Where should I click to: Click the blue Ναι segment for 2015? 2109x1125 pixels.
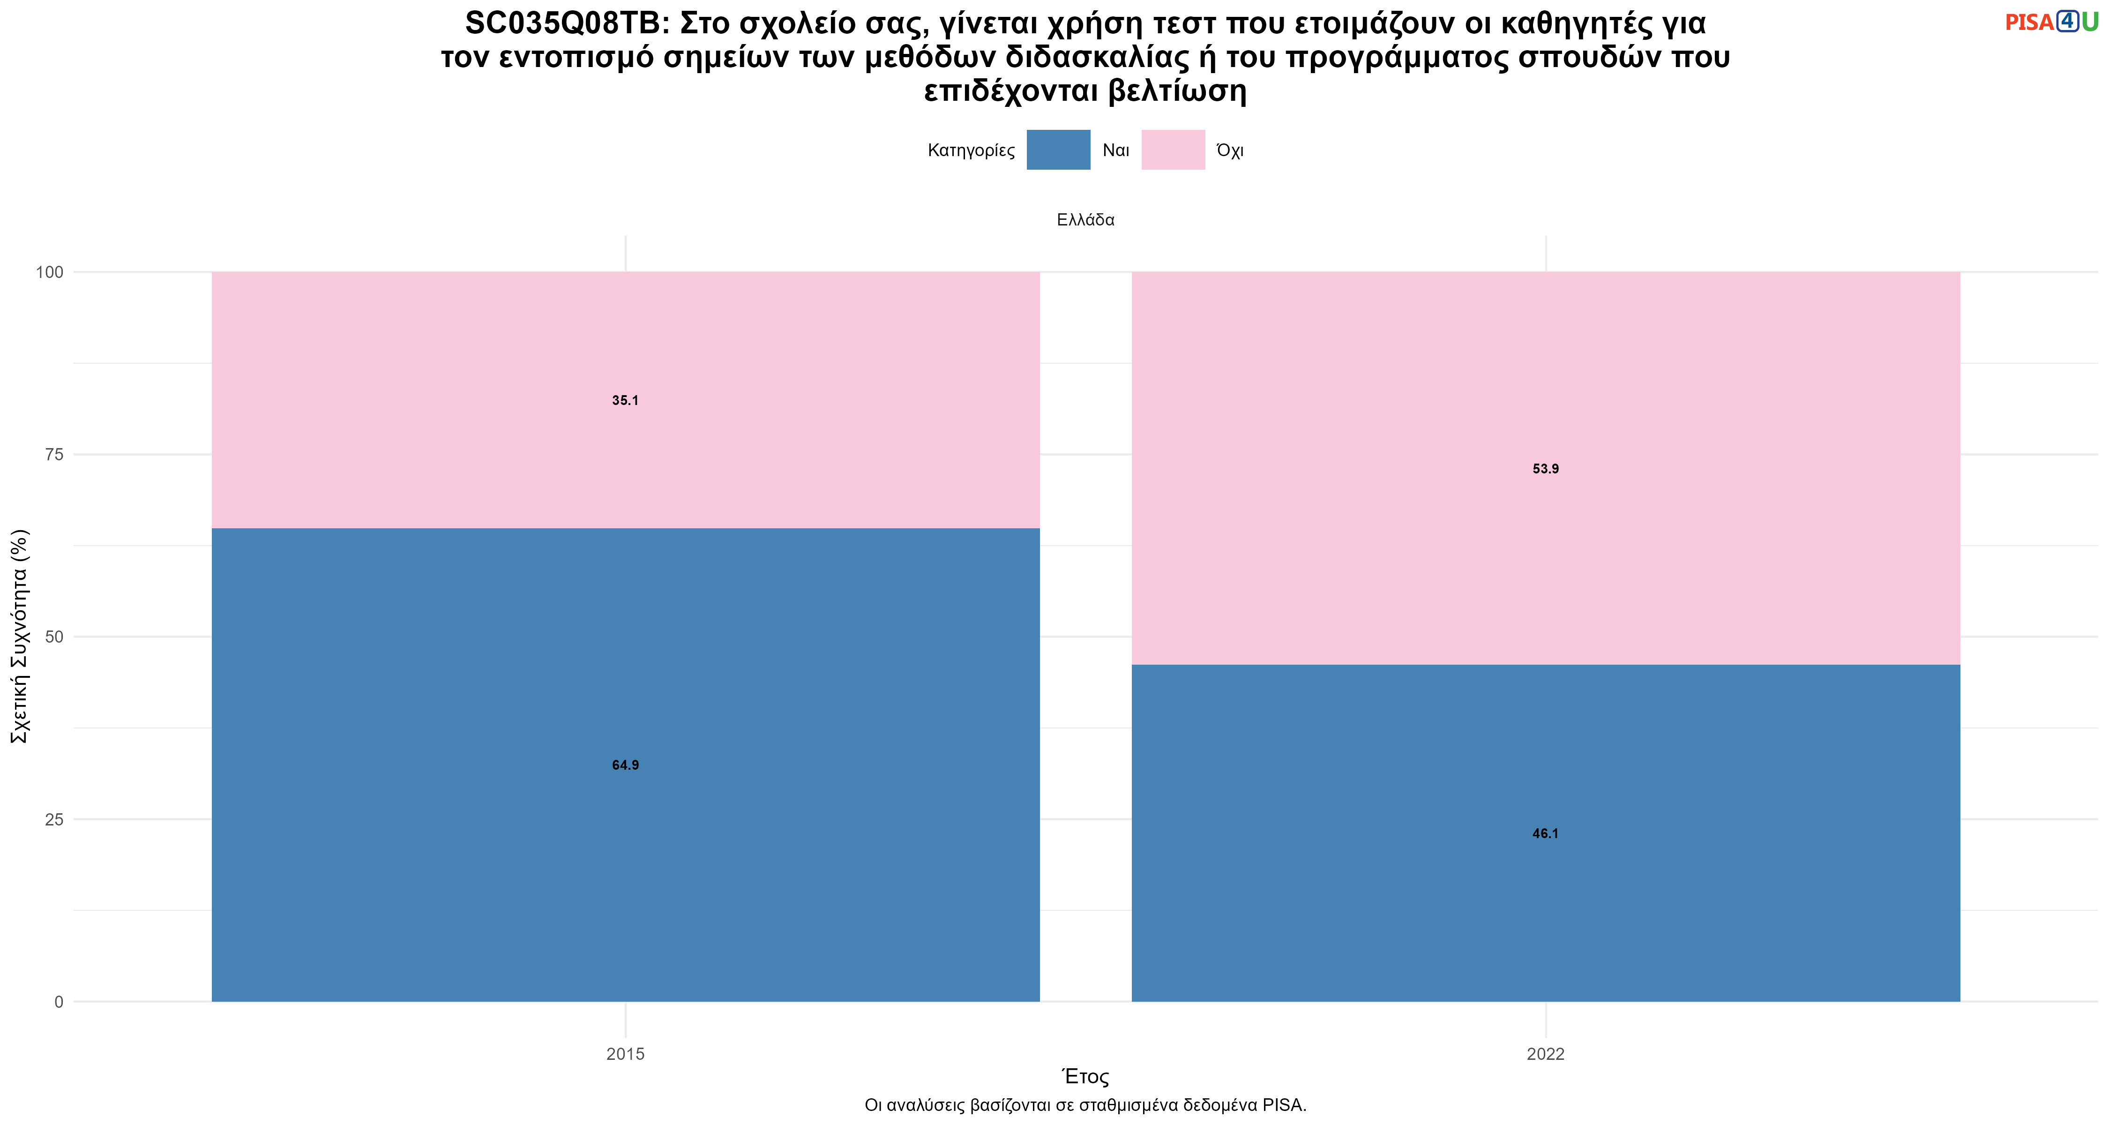click(x=626, y=765)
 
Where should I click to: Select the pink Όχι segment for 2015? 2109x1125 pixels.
click(x=626, y=399)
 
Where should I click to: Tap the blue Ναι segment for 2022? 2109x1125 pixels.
click(x=1546, y=832)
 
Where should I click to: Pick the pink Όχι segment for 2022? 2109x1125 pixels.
click(x=1546, y=468)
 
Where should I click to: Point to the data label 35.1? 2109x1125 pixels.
click(x=626, y=400)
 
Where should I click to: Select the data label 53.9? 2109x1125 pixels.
click(x=1546, y=469)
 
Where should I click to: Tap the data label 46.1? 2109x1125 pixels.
click(x=1546, y=833)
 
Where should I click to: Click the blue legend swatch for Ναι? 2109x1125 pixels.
click(x=1058, y=150)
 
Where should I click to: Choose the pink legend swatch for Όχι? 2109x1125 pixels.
click(x=1173, y=150)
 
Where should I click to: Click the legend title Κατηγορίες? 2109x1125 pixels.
click(x=971, y=150)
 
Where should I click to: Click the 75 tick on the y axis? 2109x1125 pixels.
click(x=54, y=454)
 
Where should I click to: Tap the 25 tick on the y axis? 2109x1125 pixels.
click(x=54, y=819)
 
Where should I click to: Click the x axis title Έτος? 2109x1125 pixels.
click(x=1085, y=1076)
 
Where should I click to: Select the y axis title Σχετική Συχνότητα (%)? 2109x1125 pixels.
click(x=20, y=636)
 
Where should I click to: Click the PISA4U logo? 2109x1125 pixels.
click(x=2052, y=22)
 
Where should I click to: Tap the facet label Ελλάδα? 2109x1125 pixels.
click(x=1085, y=219)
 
